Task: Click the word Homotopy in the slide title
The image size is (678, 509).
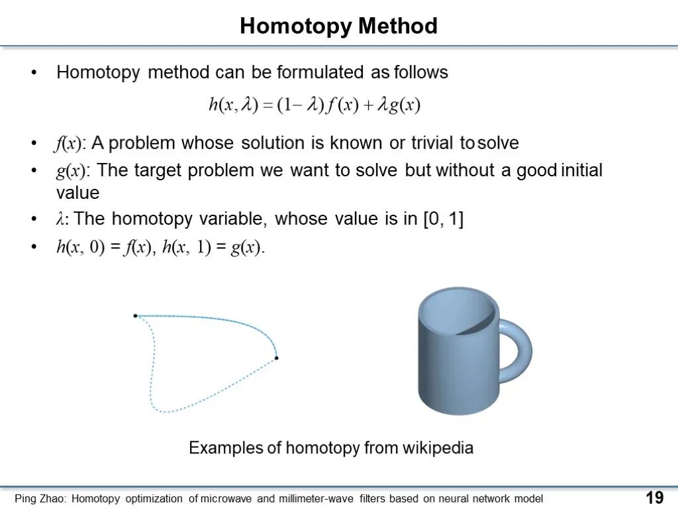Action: (295, 27)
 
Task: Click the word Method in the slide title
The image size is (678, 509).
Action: (398, 26)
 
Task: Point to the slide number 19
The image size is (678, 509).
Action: (655, 498)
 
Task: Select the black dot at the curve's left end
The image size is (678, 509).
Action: (135, 316)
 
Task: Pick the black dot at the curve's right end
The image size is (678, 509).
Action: (276, 358)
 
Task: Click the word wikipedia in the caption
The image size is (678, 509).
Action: (438, 448)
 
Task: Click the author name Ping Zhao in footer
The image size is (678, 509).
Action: (40, 498)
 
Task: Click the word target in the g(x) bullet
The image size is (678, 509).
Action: (158, 170)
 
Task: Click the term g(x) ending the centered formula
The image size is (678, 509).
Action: (405, 105)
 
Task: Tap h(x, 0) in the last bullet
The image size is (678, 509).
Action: (80, 247)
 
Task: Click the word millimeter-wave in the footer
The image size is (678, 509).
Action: (316, 498)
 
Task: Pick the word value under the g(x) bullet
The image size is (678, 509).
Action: (78, 193)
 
